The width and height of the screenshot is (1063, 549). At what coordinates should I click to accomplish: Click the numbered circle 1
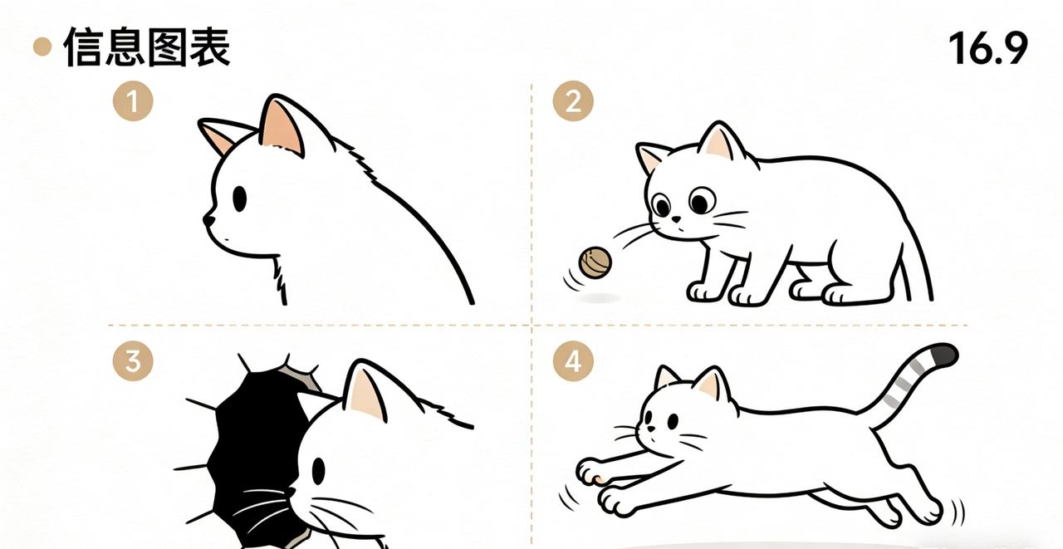[x=133, y=101]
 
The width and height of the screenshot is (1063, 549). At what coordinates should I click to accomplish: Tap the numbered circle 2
[x=573, y=101]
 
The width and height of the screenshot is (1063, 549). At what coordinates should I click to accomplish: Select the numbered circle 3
[x=133, y=361]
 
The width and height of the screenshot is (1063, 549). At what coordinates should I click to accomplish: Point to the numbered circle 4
[x=573, y=361]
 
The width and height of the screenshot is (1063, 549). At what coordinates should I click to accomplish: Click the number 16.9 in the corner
[x=988, y=48]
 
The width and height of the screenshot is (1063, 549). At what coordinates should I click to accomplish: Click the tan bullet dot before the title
[x=42, y=47]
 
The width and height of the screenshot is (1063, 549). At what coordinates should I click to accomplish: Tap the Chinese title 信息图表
[x=147, y=47]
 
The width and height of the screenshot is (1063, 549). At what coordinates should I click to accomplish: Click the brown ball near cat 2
[x=595, y=262]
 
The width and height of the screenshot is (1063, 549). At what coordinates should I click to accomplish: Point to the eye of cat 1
[x=240, y=199]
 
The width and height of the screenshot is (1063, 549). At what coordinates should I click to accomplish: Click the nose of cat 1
[x=208, y=220]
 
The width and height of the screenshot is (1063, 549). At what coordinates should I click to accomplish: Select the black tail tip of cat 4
[x=945, y=355]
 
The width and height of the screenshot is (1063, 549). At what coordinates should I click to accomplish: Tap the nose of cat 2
[x=676, y=219]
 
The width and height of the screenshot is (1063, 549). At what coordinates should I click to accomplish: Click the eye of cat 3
[x=318, y=471]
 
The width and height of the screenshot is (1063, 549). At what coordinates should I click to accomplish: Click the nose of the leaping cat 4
[x=651, y=429]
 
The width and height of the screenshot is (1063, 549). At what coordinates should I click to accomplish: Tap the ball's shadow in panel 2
[x=599, y=298]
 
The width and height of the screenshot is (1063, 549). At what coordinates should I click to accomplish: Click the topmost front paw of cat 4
[x=590, y=471]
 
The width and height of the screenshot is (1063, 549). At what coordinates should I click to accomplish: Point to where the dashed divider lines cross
[x=531, y=326]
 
